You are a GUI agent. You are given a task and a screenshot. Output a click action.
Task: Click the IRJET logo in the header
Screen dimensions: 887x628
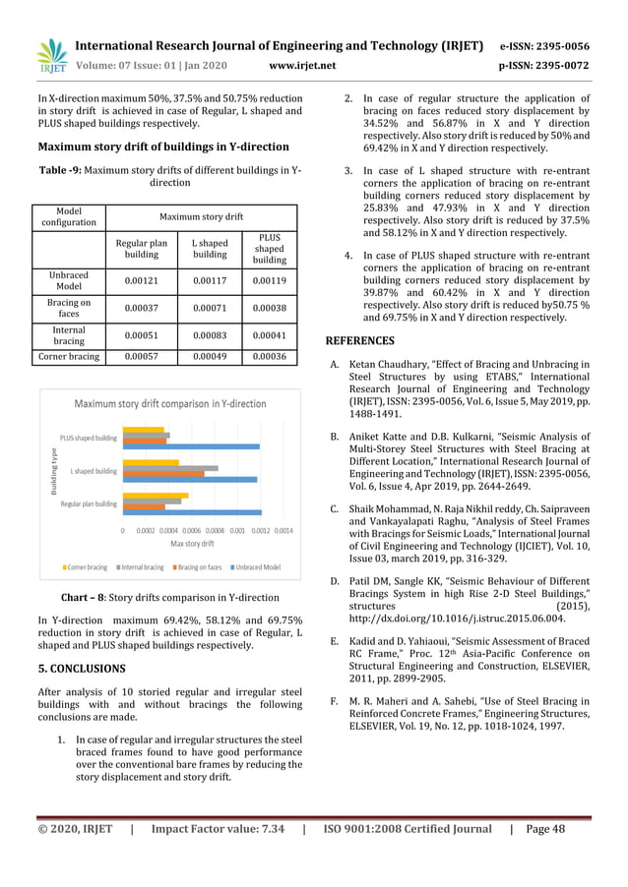51,55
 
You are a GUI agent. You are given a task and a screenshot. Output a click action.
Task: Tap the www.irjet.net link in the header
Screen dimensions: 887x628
301,66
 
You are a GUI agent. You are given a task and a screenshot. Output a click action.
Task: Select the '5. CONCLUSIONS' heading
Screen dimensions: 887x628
82,668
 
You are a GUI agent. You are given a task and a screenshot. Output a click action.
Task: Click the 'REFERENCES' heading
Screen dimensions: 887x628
360,341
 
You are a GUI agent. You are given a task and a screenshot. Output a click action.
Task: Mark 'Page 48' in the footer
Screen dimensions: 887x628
545,829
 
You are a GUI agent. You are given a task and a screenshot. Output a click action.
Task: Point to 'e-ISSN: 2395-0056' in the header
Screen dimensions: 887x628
544,46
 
